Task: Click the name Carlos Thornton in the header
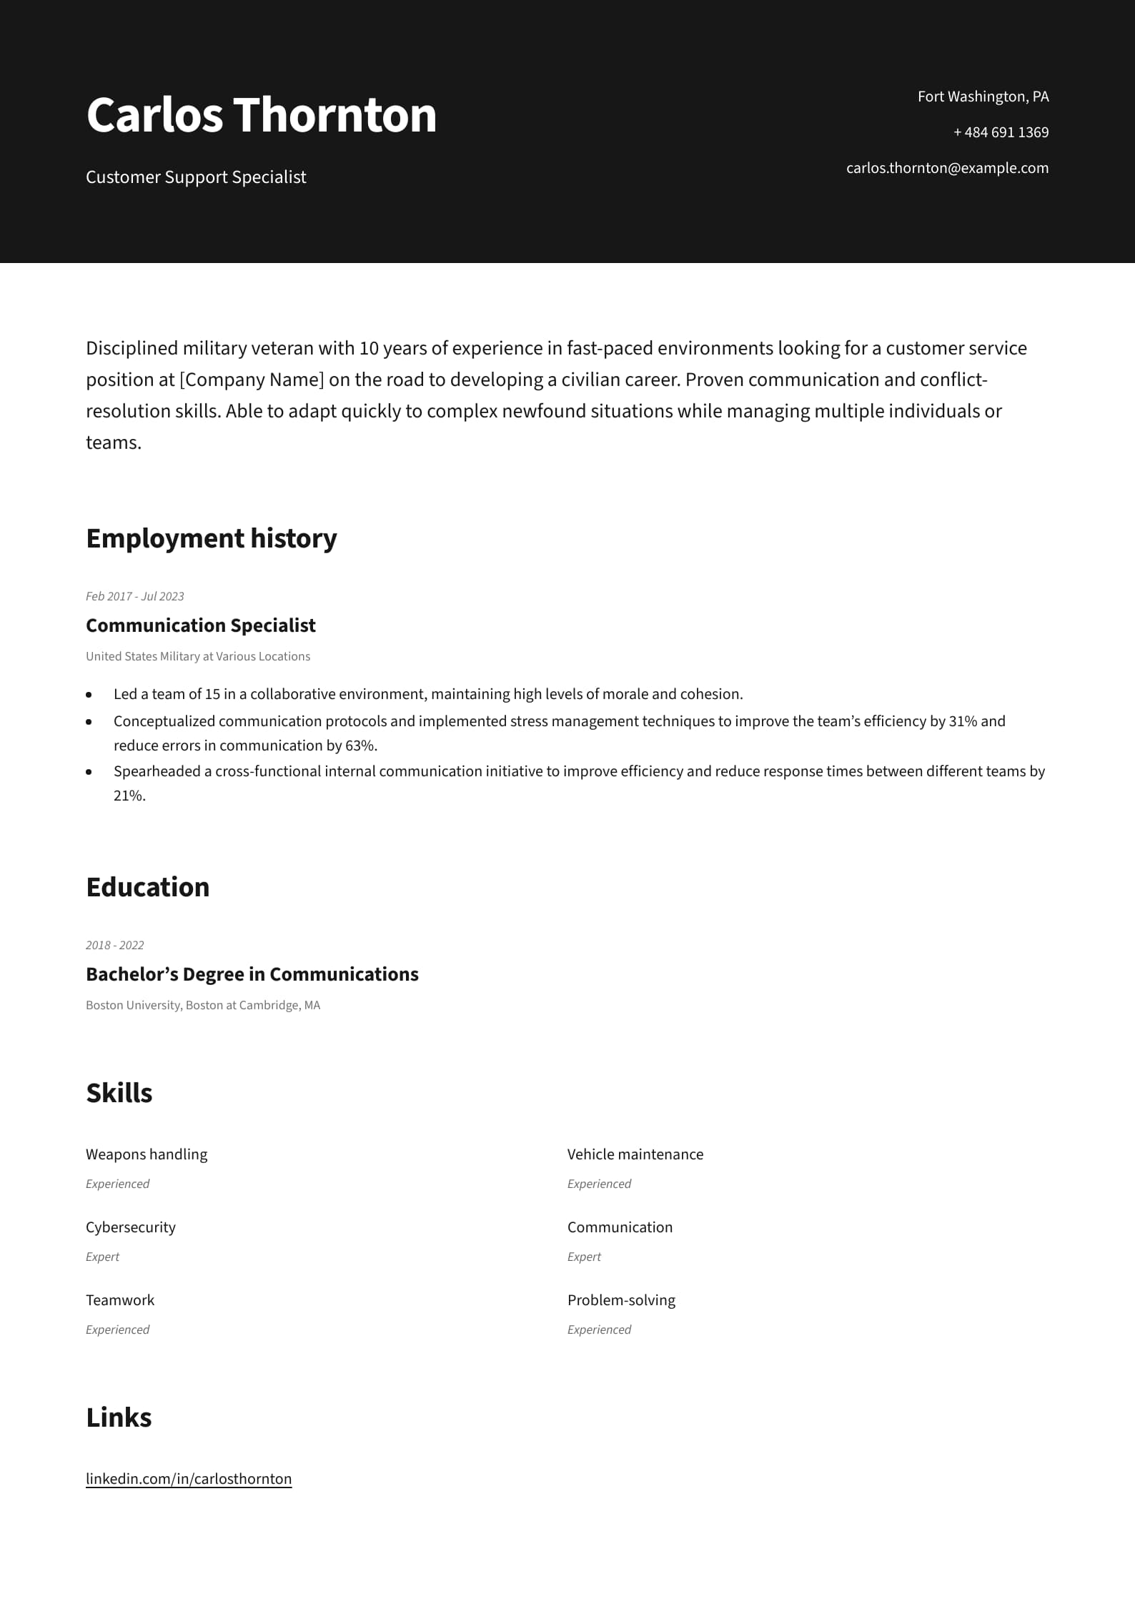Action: [261, 115]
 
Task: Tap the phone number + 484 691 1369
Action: [1001, 132]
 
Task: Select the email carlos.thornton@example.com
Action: [947, 168]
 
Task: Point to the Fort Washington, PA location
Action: [983, 96]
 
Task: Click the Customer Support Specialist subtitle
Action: [196, 177]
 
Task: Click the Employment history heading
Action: [211, 538]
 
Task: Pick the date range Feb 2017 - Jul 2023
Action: [134, 596]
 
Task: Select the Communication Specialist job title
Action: [200, 625]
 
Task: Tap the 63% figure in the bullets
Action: [360, 746]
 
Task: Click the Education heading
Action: [147, 887]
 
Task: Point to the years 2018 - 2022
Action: [114, 945]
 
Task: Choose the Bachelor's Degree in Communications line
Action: [252, 974]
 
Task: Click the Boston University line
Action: [202, 1005]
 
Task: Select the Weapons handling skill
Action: [147, 1154]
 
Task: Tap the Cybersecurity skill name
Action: [130, 1227]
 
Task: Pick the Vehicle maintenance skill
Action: [635, 1154]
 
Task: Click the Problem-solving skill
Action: [620, 1300]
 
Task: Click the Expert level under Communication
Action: [584, 1257]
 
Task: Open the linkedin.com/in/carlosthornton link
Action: [189, 1479]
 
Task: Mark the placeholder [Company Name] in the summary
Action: [252, 380]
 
